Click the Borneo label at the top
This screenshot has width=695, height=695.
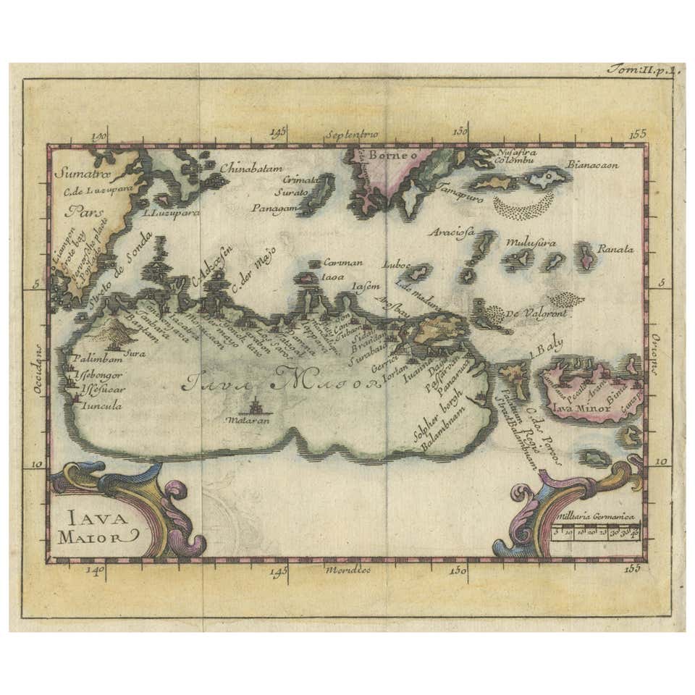click(392, 154)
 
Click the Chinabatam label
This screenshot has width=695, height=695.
click(248, 168)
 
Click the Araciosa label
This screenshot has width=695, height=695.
click(450, 232)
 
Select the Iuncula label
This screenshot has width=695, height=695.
click(102, 405)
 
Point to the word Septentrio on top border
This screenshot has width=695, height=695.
click(352, 134)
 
